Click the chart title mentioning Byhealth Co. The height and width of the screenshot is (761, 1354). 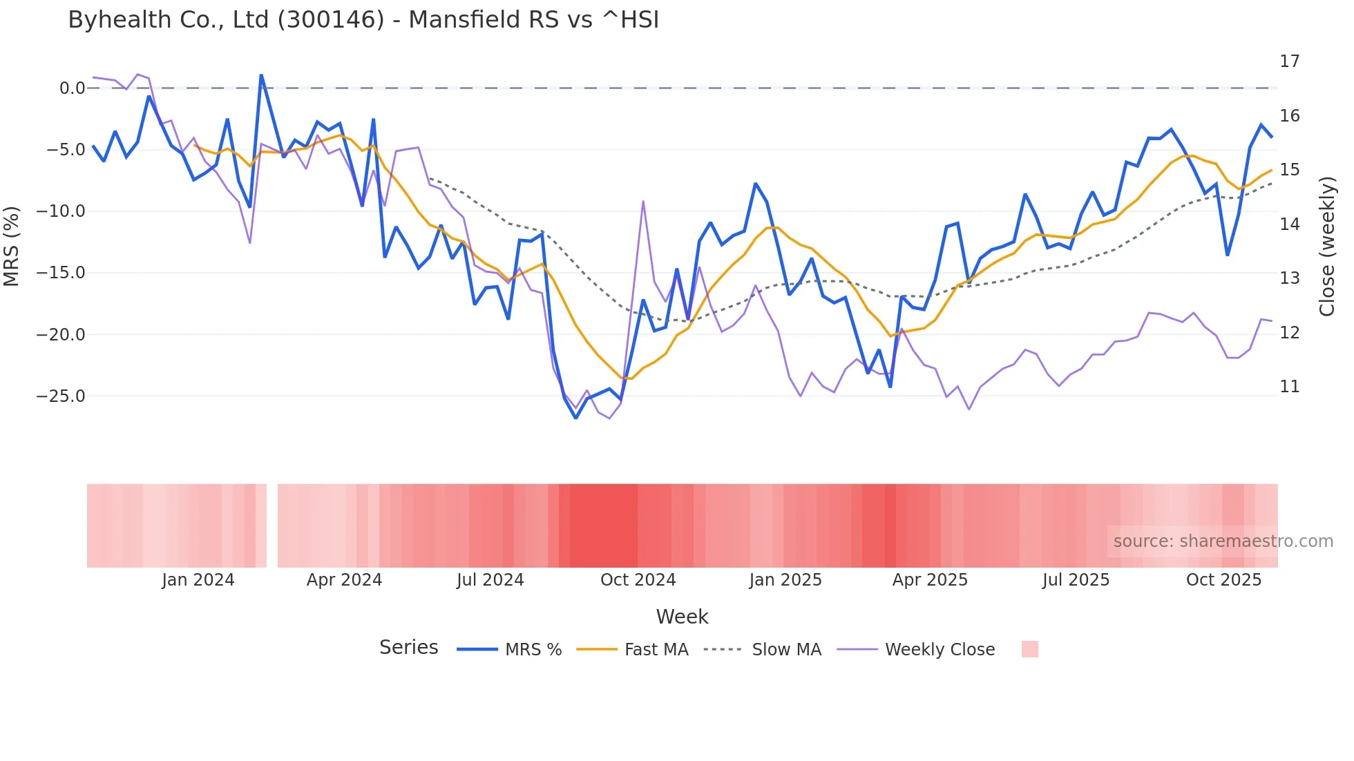(x=363, y=20)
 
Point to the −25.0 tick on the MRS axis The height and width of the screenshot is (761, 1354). (x=61, y=396)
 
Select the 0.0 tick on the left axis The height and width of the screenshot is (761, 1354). (x=72, y=88)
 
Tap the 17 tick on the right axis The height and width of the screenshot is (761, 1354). (x=1289, y=61)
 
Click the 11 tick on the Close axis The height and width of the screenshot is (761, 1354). (x=1289, y=387)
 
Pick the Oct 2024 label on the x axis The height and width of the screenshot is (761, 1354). (x=638, y=580)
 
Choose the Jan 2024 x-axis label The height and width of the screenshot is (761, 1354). (x=198, y=580)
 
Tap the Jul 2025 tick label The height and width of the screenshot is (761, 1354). (x=1076, y=580)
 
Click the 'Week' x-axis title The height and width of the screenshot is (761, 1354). (x=682, y=617)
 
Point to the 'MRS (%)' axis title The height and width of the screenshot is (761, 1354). (x=12, y=246)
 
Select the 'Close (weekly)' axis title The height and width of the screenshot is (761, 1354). (x=1327, y=246)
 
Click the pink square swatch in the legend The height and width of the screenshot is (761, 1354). (x=1029, y=649)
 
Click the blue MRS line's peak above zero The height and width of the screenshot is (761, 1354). (x=261, y=75)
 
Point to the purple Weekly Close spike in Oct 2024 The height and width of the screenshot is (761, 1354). (x=643, y=202)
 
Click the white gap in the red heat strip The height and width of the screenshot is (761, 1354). (x=272, y=526)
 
